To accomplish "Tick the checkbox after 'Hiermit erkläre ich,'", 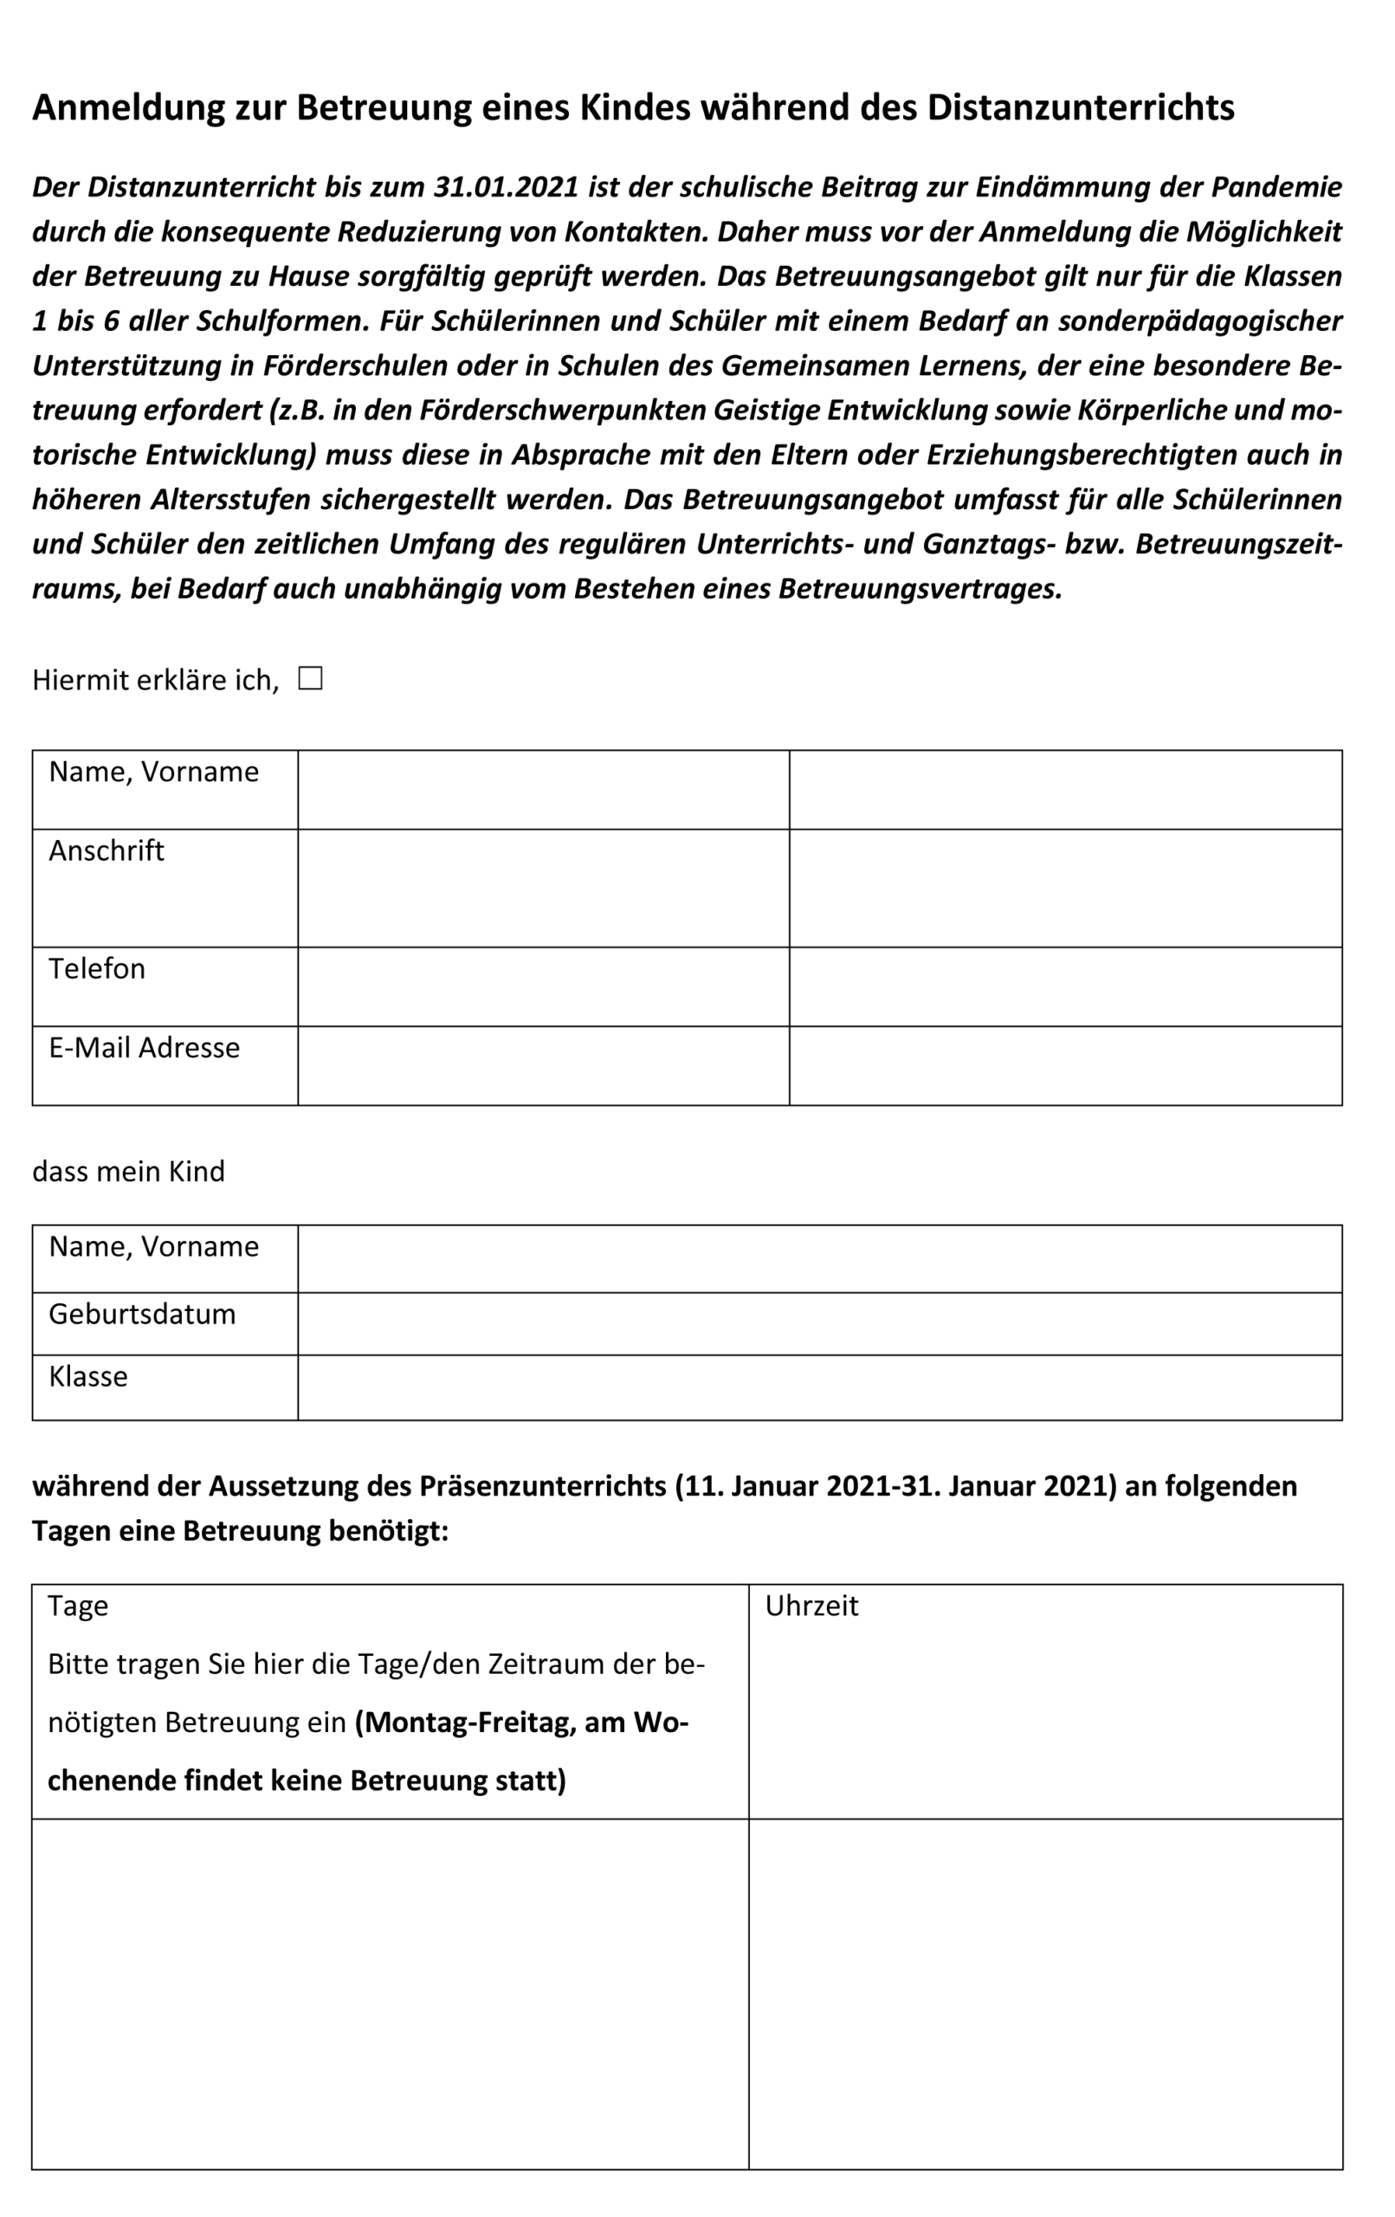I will click(310, 679).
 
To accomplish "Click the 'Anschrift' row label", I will click(106, 850).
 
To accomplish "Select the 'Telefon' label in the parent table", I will click(97, 968).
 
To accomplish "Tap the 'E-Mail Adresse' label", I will click(144, 1048).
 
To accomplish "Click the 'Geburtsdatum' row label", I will click(142, 1314).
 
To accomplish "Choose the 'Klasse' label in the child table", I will click(88, 1376).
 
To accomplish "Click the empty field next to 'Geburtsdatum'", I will click(819, 1323).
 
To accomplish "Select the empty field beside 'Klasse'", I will click(819, 1386).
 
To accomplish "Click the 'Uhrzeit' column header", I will click(811, 1606).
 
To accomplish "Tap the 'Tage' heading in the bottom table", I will click(77, 1606).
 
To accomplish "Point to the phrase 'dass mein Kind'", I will click(128, 1171).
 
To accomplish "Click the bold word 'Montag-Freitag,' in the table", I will click(466, 1722).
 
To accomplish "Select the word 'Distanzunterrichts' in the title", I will click(1080, 107).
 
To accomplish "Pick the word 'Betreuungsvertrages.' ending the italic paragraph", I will click(920, 588).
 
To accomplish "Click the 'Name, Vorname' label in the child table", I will click(154, 1246).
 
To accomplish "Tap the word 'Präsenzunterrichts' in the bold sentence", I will click(542, 1486).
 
